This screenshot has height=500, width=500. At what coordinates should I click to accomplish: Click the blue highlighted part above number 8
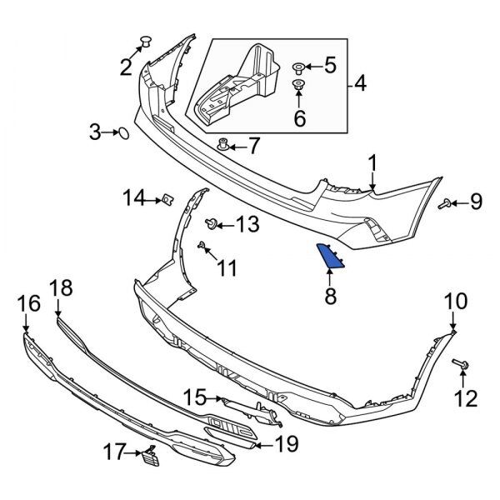tap(331, 257)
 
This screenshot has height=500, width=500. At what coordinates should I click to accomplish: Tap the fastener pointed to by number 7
tap(223, 146)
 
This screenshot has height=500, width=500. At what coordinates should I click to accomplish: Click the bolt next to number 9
tap(446, 202)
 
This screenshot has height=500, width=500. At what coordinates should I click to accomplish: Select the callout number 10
tap(456, 301)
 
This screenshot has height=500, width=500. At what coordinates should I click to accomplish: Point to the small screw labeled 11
tap(202, 245)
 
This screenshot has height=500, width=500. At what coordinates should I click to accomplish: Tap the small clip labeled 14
tap(167, 197)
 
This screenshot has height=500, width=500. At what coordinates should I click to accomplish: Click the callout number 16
tap(27, 303)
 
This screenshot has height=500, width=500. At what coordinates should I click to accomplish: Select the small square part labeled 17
tap(149, 455)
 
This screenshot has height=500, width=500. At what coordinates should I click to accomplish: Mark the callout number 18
tap(61, 288)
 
